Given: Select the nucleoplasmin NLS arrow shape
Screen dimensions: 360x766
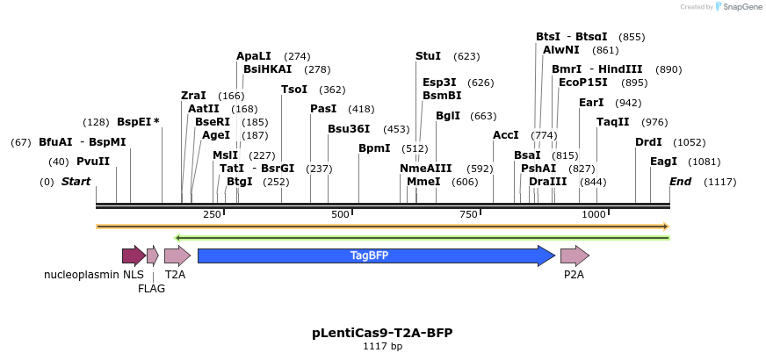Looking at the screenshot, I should pyautogui.click(x=134, y=256).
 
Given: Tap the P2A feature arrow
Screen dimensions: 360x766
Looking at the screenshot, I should pyautogui.click(x=574, y=256).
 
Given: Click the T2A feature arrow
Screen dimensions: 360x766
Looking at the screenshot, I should pyautogui.click(x=177, y=256).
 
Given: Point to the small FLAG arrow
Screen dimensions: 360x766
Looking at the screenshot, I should pyautogui.click(x=153, y=256).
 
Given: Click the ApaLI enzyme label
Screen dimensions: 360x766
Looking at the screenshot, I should pyautogui.click(x=254, y=56).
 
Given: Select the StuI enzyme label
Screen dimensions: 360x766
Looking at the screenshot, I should pyautogui.click(x=428, y=56).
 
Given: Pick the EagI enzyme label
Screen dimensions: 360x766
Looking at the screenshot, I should pyautogui.click(x=663, y=162).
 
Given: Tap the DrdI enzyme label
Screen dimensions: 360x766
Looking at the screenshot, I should pyautogui.click(x=648, y=142).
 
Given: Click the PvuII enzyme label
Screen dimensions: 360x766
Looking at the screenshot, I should pyautogui.click(x=92, y=162).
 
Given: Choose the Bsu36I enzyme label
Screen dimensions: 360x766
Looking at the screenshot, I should pyautogui.click(x=349, y=129).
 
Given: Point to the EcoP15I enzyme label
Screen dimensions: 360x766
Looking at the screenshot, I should pyautogui.click(x=583, y=83).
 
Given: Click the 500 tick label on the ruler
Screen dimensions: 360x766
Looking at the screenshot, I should pyautogui.click(x=340, y=215).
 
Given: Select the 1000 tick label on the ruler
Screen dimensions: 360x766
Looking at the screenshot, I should pyautogui.click(x=595, y=215).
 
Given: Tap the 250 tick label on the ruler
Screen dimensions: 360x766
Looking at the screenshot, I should pyautogui.click(x=212, y=215).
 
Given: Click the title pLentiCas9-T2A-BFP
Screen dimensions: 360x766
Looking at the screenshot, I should pyautogui.click(x=382, y=333).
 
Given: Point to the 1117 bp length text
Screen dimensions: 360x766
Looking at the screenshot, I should pyautogui.click(x=382, y=347).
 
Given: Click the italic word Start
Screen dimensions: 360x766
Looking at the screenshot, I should pyautogui.click(x=76, y=182).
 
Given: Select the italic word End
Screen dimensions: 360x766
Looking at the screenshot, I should pyautogui.click(x=680, y=182).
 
